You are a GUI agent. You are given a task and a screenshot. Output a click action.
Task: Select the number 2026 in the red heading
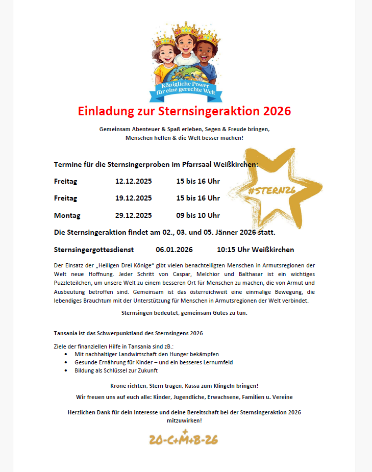(275, 111)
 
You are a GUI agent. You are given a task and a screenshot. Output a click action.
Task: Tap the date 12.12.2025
(133, 181)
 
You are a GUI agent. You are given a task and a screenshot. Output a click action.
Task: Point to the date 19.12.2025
(133, 198)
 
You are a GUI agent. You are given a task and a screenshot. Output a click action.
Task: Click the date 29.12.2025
(133, 215)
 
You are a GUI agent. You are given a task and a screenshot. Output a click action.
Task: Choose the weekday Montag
(67, 215)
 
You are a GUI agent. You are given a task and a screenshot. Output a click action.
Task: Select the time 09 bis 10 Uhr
(198, 215)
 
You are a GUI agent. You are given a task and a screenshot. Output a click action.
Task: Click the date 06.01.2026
(174, 250)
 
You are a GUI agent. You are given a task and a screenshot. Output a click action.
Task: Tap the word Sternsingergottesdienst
(94, 250)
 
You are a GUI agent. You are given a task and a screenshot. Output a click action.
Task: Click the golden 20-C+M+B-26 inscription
(184, 439)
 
